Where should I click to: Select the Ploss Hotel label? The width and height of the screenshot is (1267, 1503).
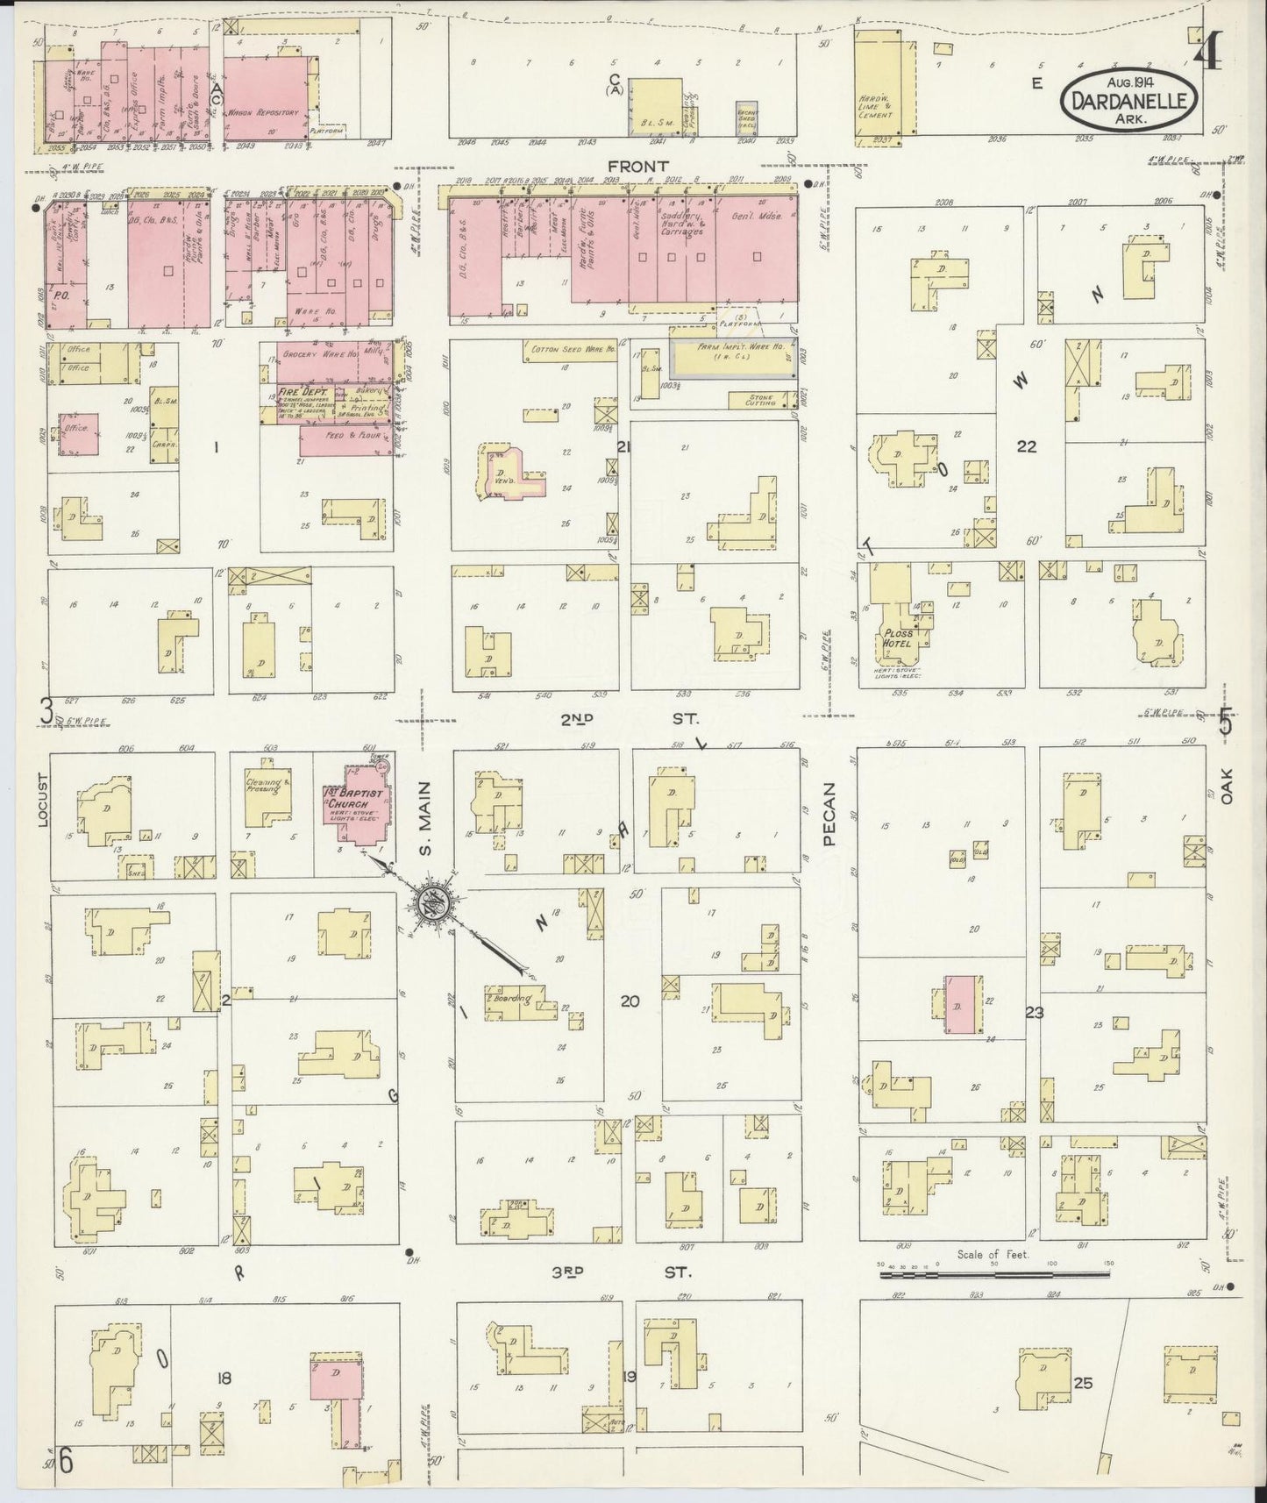click(x=899, y=638)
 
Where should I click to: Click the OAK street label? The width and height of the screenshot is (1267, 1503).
click(x=1225, y=787)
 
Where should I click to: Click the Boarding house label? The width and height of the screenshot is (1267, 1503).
click(x=513, y=999)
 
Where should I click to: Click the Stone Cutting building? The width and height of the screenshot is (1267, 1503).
click(x=761, y=401)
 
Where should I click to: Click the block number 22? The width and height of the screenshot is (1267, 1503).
click(x=1026, y=446)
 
